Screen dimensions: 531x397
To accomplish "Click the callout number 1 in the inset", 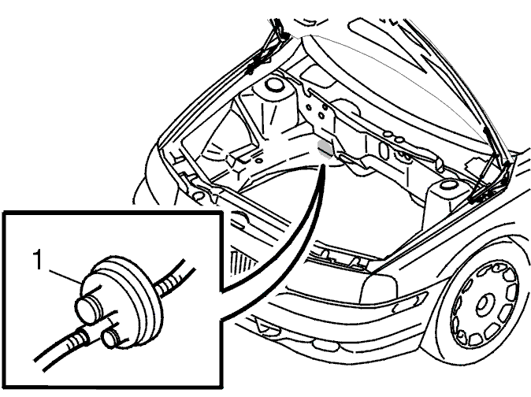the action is tap(39, 260).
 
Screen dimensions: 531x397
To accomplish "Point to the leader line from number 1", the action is tap(65, 276).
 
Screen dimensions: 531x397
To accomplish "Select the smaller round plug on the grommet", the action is tap(111, 337).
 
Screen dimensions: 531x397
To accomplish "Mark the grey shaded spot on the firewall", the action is tap(325, 149).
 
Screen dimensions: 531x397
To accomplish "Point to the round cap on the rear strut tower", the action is tap(274, 84).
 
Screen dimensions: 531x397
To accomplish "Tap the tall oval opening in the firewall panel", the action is tap(384, 150).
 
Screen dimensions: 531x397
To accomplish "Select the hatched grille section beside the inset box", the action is tap(240, 264).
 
